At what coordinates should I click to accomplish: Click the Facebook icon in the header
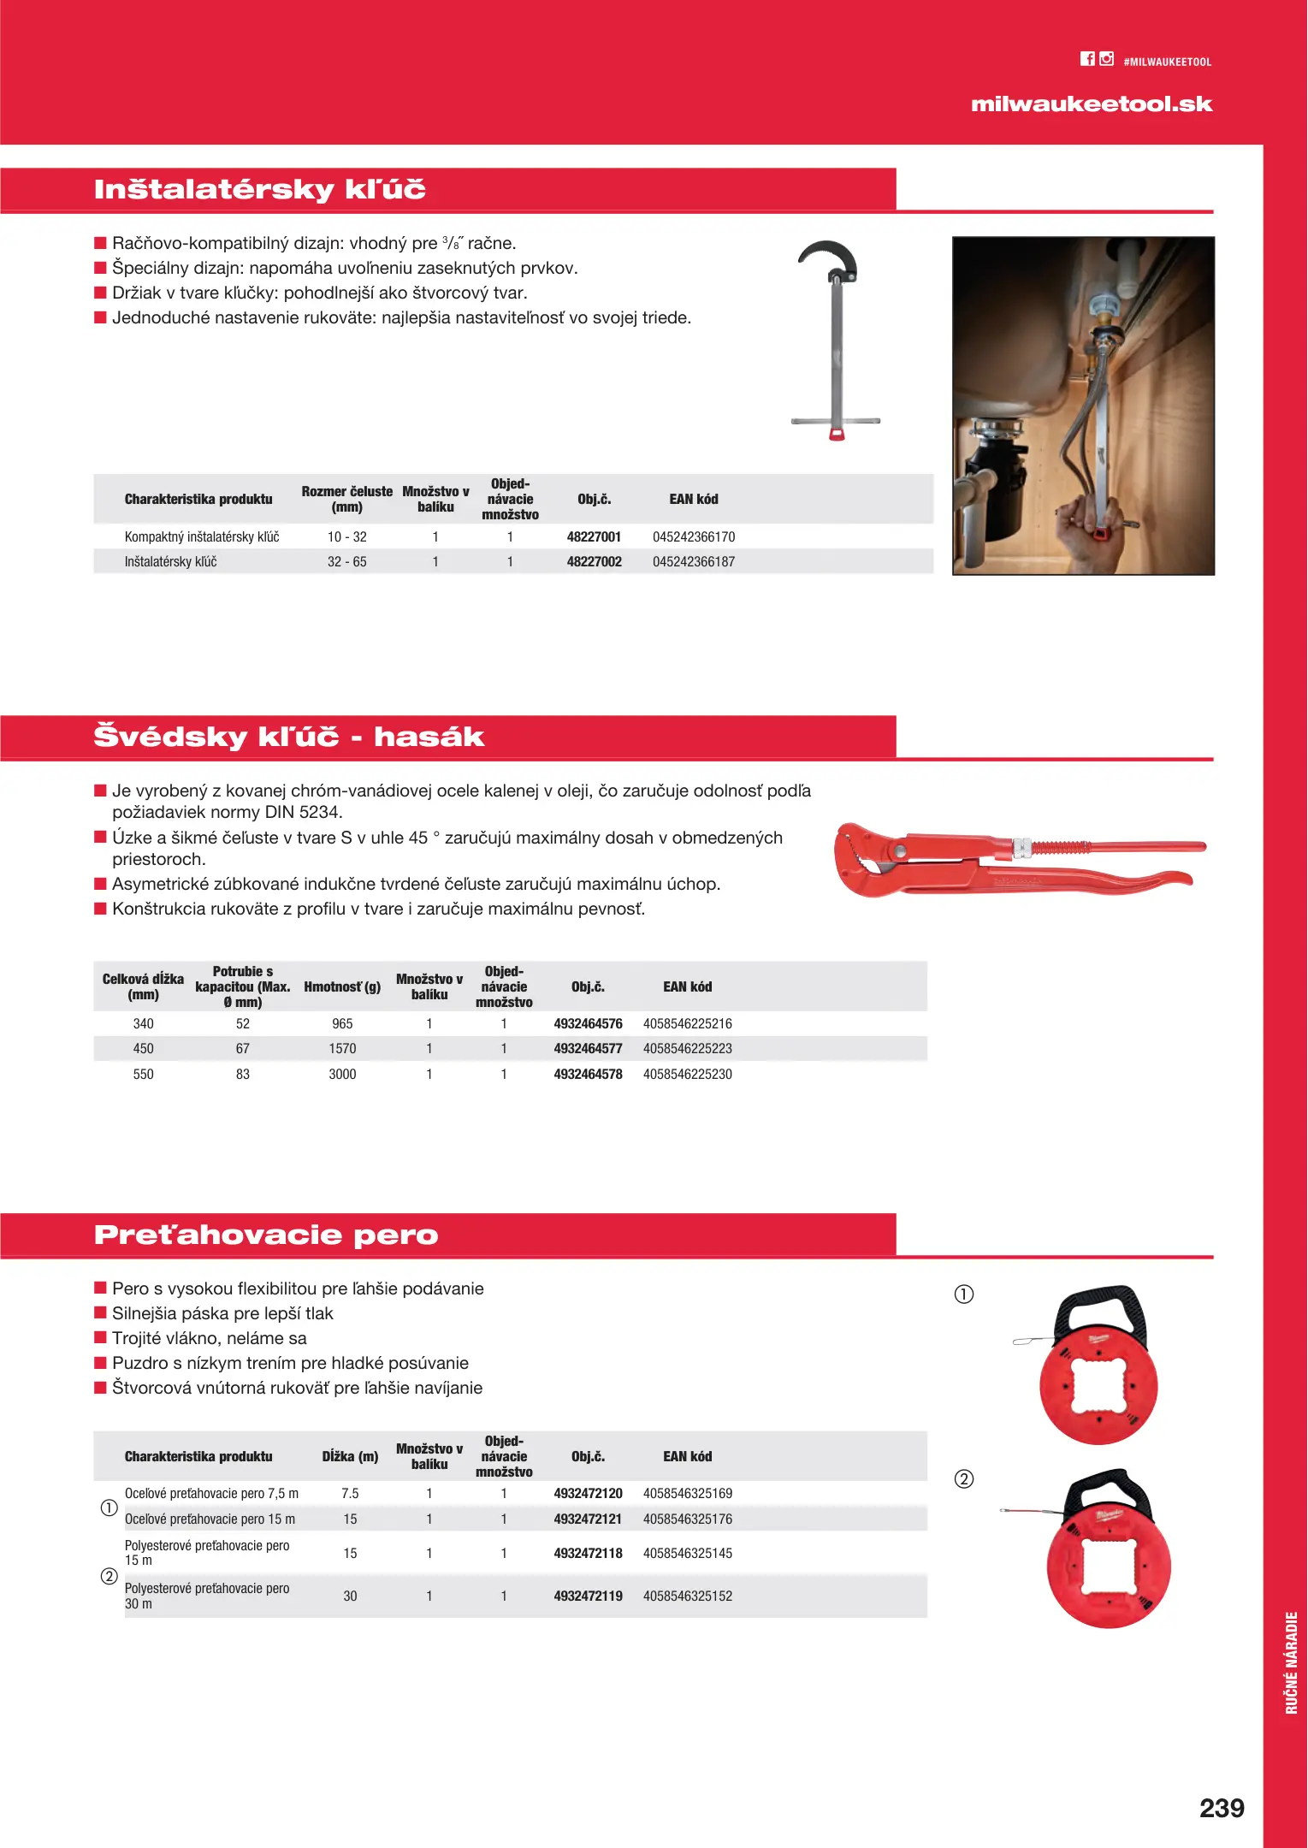click(x=1087, y=59)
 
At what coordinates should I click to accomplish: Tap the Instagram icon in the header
click(x=1107, y=59)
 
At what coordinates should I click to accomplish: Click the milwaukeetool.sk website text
click(x=1092, y=104)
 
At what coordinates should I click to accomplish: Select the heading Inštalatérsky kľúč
click(x=260, y=189)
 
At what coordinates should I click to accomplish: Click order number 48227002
click(x=594, y=562)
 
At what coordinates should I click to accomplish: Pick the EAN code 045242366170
click(x=694, y=537)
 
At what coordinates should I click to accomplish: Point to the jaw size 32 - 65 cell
click(x=347, y=562)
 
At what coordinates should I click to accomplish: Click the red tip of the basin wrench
click(x=837, y=434)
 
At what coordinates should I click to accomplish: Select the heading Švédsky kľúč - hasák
click(x=289, y=737)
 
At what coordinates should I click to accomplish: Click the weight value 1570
click(x=342, y=1049)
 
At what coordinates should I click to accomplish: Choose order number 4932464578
click(x=588, y=1075)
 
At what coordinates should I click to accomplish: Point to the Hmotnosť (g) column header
click(x=342, y=987)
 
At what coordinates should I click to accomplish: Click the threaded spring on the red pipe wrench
click(x=1061, y=848)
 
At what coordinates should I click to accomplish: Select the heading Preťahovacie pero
click(x=266, y=1235)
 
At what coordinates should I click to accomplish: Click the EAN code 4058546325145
click(x=688, y=1554)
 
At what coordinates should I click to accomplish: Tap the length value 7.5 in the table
click(x=350, y=1494)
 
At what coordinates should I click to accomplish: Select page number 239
click(x=1222, y=1808)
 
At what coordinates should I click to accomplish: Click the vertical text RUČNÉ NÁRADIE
click(x=1292, y=1662)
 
